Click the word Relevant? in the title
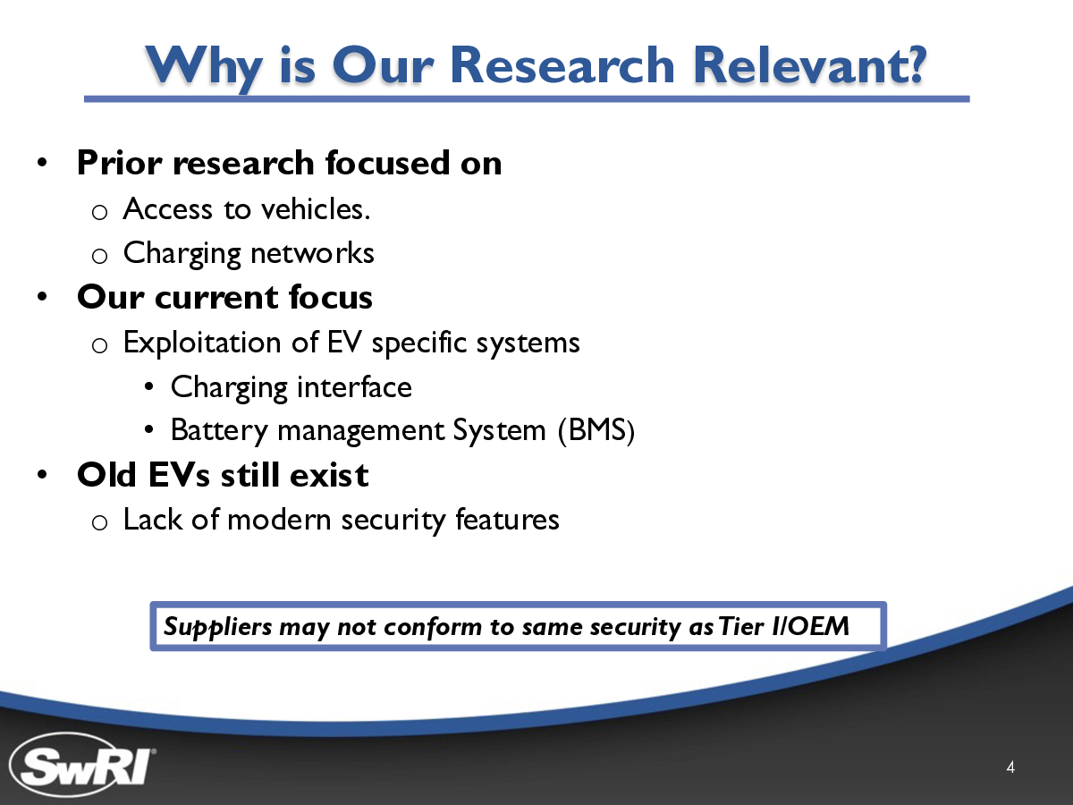tap(809, 65)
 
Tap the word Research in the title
tap(562, 65)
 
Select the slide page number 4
tap(1010, 767)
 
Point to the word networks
tap(312, 253)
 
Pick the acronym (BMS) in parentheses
tap(596, 430)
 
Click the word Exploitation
tap(202, 343)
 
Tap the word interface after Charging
tap(354, 387)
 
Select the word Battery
tap(219, 431)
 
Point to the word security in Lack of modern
tap(393, 520)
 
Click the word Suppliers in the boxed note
tap(217, 627)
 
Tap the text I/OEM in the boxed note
tap(809, 626)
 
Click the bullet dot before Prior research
tap(43, 162)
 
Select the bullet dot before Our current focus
tap(43, 296)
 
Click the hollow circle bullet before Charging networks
tap(99, 256)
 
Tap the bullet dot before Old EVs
tap(43, 474)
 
